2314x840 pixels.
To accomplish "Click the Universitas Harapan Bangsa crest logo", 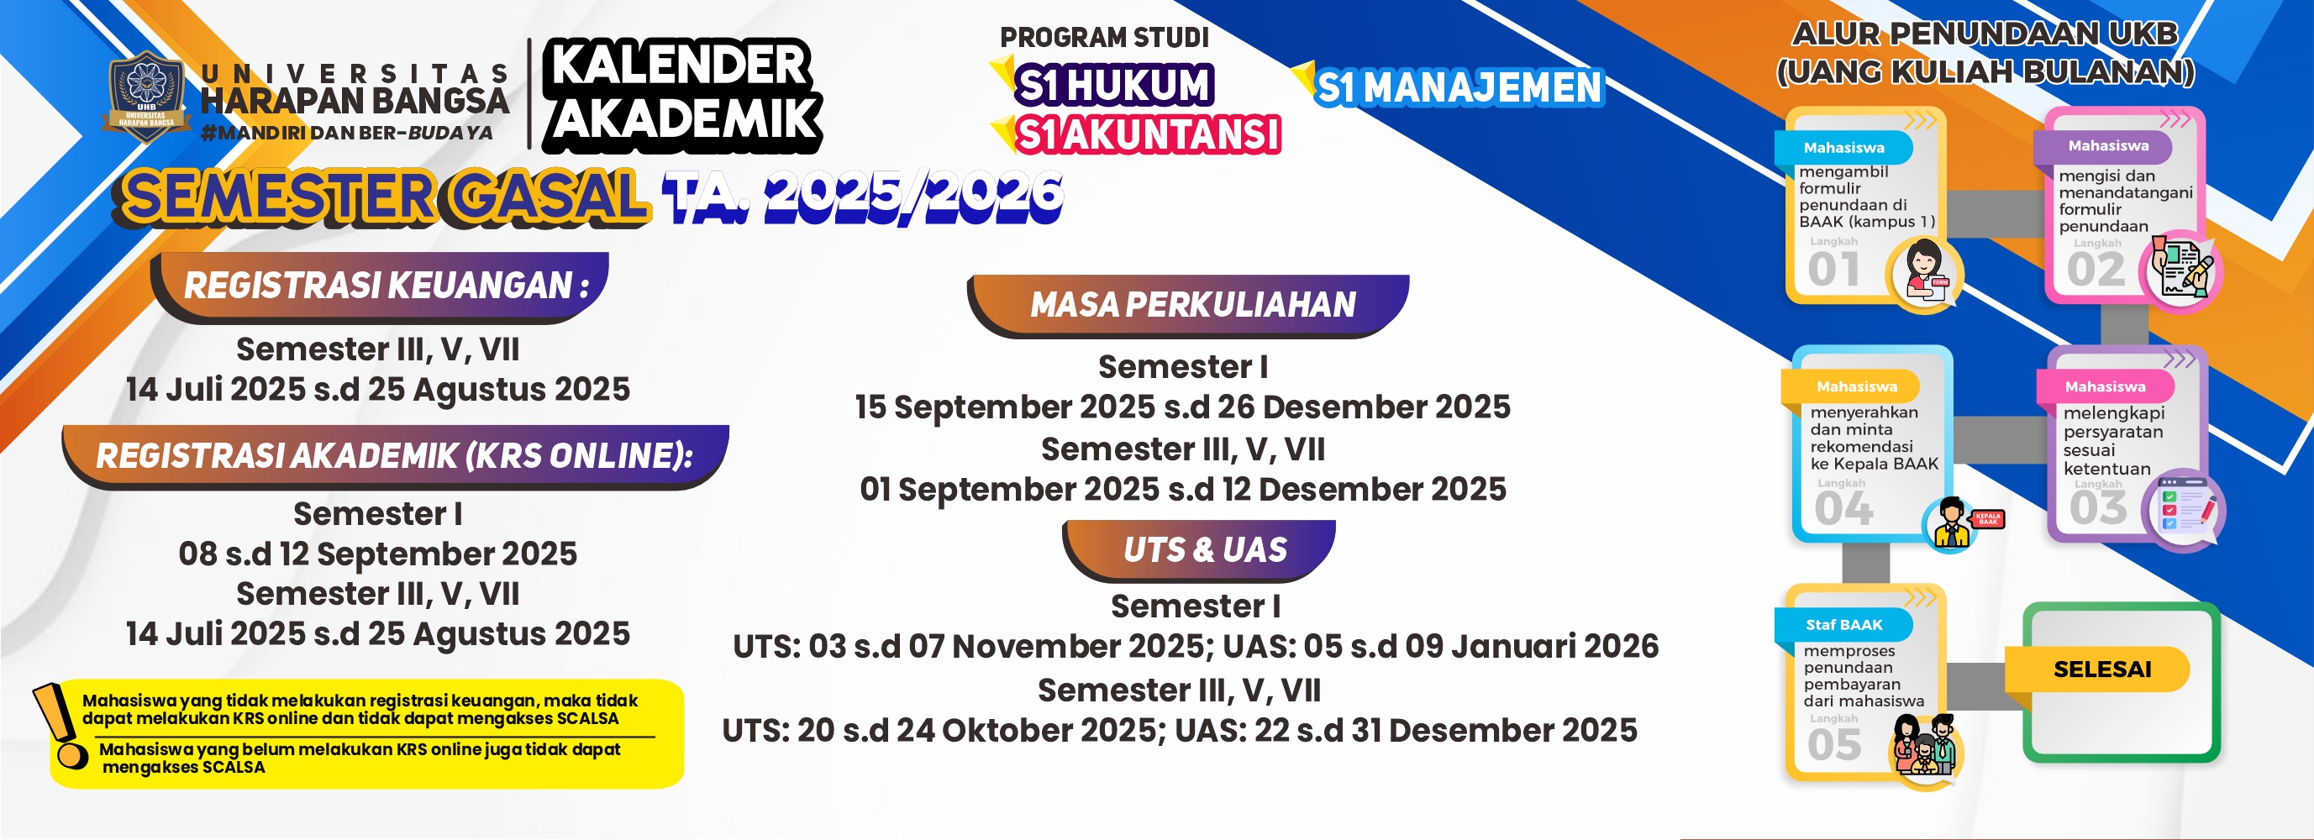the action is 146,97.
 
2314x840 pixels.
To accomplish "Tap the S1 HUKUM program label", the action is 1114,86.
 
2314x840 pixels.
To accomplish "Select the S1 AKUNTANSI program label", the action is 1147,134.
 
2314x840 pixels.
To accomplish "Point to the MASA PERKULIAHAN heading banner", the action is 1191,306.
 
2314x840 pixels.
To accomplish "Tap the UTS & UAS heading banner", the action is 1204,550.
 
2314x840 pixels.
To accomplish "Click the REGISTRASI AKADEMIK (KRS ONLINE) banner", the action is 395,456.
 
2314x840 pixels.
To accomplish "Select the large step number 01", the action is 1833,270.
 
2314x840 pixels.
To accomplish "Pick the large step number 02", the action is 2096,270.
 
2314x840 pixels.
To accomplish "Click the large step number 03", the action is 2098,508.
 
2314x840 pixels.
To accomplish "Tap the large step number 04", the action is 1843,509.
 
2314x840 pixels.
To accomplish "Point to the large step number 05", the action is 1834,745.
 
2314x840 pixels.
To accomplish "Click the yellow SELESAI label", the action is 2102,669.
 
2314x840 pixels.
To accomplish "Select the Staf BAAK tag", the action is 1843,624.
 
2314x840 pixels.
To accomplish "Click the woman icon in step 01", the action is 1925,272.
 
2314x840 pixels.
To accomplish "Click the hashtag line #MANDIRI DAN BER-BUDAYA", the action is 347,133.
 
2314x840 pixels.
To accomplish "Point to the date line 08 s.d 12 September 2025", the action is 377,554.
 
